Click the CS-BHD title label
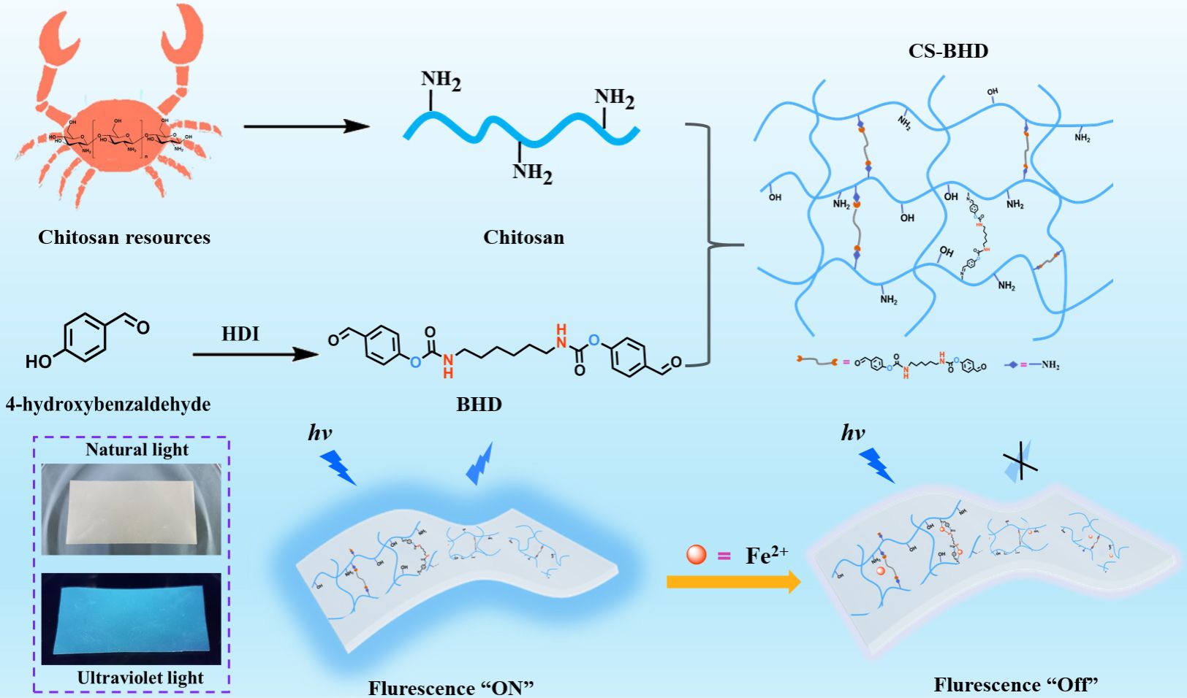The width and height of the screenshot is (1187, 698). [x=948, y=51]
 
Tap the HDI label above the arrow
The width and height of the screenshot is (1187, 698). [x=240, y=334]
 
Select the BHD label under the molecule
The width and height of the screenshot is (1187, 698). [x=479, y=404]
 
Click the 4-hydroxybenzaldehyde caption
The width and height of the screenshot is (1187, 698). [x=108, y=404]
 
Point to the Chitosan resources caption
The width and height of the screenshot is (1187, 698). [x=124, y=237]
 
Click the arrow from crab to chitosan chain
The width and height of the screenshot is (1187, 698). [x=306, y=126]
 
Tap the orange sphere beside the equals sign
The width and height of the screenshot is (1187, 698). [x=697, y=555]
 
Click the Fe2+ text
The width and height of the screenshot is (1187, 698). [x=766, y=556]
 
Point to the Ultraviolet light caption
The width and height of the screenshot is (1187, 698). [x=140, y=678]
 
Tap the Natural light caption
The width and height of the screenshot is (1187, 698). [x=137, y=450]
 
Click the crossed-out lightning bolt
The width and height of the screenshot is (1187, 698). [x=1020, y=461]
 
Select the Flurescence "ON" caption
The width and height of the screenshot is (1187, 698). [x=451, y=688]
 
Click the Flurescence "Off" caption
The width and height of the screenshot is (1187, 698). [x=1016, y=685]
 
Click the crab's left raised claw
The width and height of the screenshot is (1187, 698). [x=58, y=44]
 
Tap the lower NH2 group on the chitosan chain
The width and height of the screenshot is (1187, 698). [x=532, y=172]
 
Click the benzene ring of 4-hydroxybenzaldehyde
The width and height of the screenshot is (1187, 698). [x=86, y=337]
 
